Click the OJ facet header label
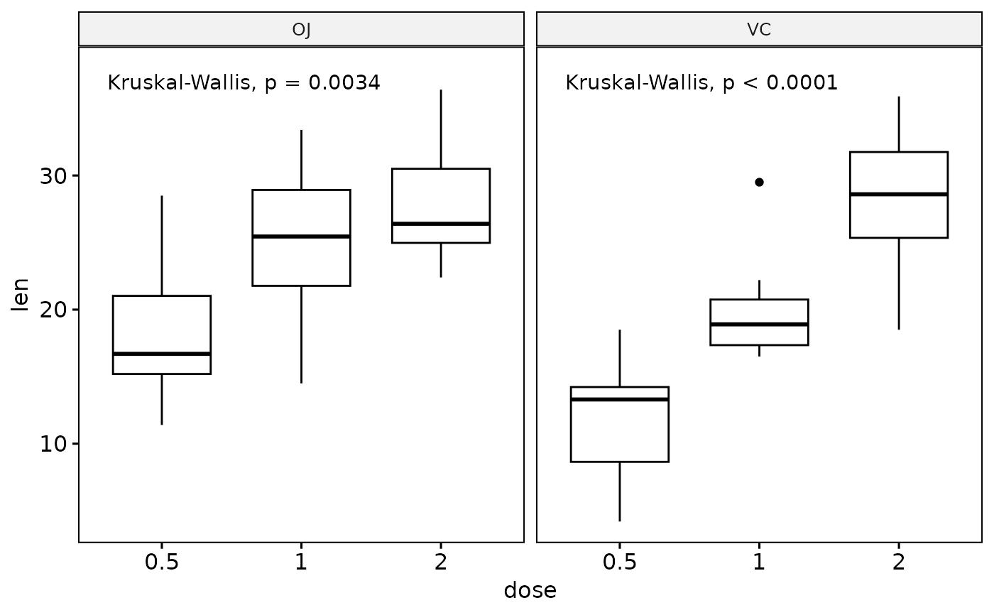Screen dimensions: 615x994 301,30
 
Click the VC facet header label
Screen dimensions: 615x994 759,30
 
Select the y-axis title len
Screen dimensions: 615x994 21,295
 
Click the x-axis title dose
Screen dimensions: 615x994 530,591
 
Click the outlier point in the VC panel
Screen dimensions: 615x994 759,182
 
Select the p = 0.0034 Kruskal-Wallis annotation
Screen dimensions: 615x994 244,83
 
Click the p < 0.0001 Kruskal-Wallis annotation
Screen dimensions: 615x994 701,83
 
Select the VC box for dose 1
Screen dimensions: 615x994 759,312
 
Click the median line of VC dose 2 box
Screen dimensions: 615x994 899,194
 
